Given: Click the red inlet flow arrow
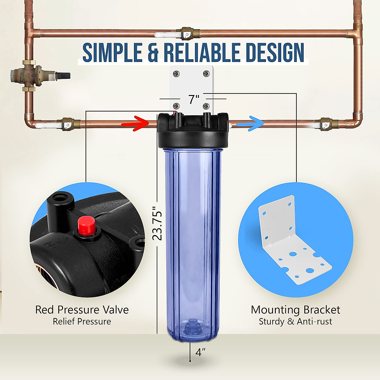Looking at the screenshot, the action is pos(136,123).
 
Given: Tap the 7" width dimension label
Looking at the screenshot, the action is pos(194,99).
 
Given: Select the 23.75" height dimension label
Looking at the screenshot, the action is pos(157,223).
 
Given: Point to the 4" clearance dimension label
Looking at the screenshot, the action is pos(200,352).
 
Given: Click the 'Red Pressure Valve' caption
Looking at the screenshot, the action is pos(82,310).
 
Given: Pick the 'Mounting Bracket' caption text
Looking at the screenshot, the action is pos(295,310).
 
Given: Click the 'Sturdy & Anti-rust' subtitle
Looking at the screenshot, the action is pos(295,322).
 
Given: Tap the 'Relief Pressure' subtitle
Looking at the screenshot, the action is pos(82,322).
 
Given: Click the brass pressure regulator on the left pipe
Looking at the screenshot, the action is pos(35,74).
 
